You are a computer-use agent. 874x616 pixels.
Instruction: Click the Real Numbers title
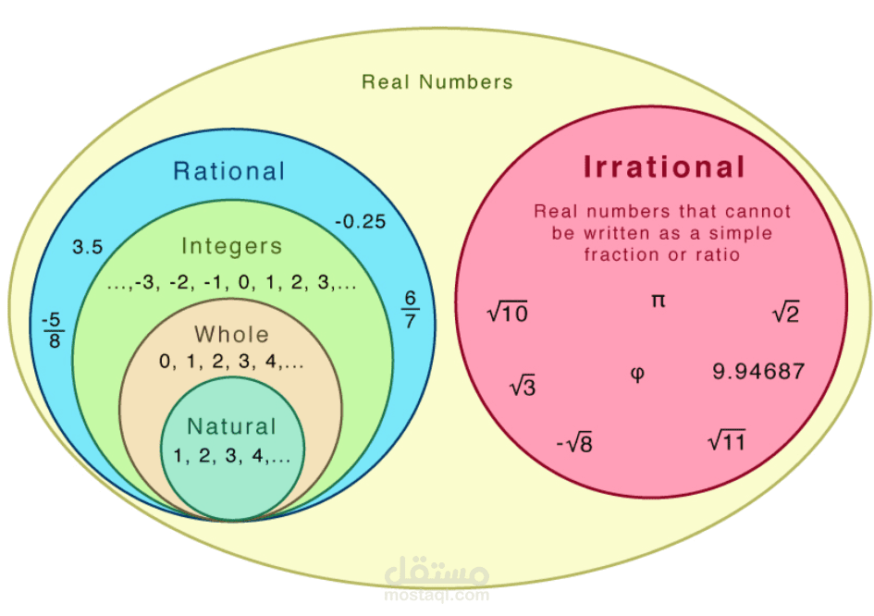(x=437, y=82)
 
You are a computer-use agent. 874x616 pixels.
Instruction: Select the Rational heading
(x=229, y=171)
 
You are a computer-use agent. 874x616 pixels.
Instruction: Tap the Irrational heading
(x=664, y=166)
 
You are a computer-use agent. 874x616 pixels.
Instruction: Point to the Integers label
(x=232, y=246)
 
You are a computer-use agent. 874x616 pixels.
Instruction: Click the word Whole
(x=232, y=335)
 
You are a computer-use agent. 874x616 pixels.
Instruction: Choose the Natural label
(x=232, y=426)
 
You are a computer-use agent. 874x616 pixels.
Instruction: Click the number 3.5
(x=88, y=247)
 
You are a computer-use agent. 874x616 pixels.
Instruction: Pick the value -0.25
(x=360, y=222)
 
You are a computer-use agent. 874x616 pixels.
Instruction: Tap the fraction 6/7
(x=411, y=310)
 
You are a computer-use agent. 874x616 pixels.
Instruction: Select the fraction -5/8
(x=54, y=330)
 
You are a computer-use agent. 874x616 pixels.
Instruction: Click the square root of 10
(x=507, y=312)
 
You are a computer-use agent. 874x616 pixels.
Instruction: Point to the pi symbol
(x=659, y=301)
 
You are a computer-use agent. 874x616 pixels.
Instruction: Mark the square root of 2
(x=786, y=312)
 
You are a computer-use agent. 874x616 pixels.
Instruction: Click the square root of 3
(x=523, y=386)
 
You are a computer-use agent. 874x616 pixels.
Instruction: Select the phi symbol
(x=637, y=373)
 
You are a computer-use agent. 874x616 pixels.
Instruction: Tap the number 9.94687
(x=758, y=371)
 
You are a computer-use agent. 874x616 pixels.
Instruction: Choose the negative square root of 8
(x=574, y=443)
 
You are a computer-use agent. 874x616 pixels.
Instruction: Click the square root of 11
(x=726, y=440)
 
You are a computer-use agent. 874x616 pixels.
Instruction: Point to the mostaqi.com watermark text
(x=437, y=596)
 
